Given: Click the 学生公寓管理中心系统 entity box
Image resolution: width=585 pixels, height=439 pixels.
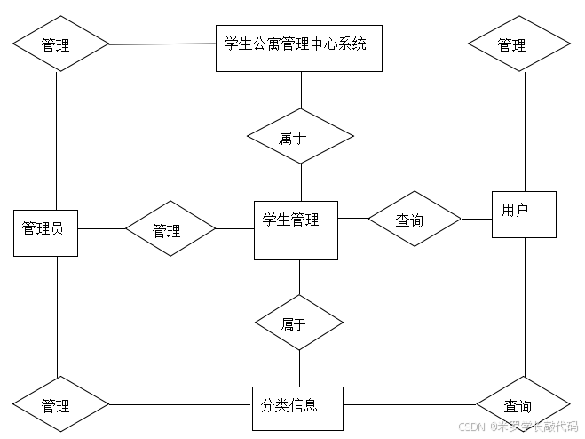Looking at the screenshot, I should [x=299, y=48].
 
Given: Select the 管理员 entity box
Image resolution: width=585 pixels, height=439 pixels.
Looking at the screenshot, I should [x=44, y=231].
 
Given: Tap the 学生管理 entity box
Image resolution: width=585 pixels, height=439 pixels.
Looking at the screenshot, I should [x=296, y=231].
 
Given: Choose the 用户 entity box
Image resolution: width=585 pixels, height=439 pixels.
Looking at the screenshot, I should [x=524, y=214].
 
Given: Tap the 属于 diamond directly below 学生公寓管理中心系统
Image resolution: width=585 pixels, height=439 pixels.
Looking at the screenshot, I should [x=300, y=137].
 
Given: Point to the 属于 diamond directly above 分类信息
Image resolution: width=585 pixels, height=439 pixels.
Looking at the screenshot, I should [x=299, y=323].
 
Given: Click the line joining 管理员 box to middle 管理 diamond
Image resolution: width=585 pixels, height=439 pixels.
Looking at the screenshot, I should [x=100, y=229].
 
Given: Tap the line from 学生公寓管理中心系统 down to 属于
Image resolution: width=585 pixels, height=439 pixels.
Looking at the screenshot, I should [x=301, y=90].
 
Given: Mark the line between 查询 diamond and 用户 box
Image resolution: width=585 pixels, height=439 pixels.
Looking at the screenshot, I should [x=477, y=218].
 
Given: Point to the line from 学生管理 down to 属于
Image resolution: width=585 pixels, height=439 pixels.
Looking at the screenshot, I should [x=299, y=277].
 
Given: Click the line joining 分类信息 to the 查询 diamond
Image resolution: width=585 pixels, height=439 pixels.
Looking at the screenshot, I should [x=409, y=405].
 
